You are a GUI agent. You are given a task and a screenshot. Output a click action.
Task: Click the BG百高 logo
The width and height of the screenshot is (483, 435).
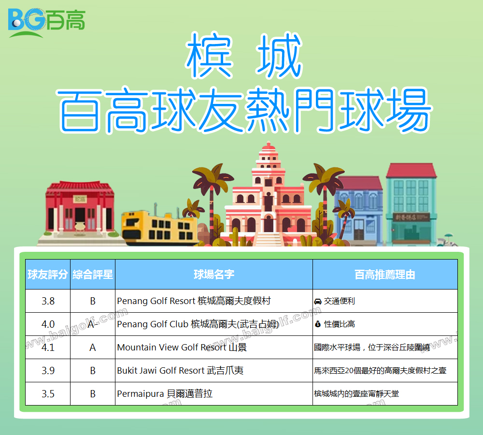point(46,23)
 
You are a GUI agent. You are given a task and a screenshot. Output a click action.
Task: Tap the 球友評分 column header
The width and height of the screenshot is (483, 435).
point(48,275)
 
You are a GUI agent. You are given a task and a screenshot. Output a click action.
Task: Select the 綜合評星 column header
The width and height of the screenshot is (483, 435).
point(93,275)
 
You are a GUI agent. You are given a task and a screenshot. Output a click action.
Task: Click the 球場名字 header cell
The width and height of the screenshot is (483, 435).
point(214,275)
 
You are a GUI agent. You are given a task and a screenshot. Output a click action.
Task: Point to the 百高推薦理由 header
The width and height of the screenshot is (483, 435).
point(385,275)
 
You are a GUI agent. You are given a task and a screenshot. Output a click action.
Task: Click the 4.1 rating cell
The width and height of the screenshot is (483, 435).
point(48,348)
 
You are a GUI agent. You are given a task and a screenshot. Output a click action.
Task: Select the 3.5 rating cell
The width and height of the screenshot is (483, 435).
point(48,394)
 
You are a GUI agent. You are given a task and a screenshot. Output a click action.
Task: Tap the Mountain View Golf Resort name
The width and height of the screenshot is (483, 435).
point(182,348)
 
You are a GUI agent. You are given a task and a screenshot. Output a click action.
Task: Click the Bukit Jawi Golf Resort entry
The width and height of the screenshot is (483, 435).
point(180,371)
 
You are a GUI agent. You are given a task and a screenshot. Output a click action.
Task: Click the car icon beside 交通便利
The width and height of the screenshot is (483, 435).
point(318,301)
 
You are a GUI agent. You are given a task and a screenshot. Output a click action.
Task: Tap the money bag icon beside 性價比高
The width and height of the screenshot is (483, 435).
point(318,324)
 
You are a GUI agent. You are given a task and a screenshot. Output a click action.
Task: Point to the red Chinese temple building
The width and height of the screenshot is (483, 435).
point(80,210)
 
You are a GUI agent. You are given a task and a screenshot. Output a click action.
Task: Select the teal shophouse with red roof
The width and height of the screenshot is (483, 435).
point(411,204)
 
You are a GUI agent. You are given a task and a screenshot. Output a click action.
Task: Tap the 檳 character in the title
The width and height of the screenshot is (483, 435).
point(210,56)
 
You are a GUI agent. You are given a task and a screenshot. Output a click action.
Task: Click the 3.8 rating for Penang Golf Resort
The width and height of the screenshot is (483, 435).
point(48,301)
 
